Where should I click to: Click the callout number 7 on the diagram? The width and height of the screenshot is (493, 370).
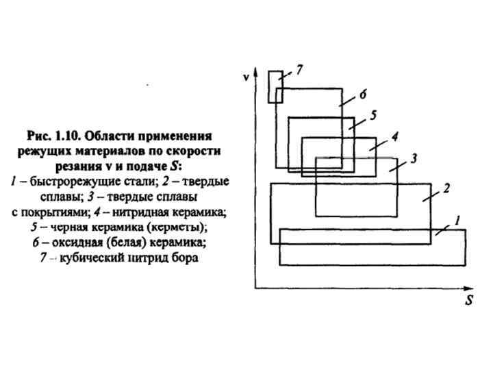click(x=300, y=69)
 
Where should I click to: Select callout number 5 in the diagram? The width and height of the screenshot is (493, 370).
click(x=373, y=116)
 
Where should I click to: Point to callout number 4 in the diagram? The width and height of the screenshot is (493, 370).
click(x=395, y=136)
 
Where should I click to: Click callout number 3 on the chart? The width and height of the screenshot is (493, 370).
click(x=414, y=159)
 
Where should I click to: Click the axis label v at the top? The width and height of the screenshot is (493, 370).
click(x=244, y=77)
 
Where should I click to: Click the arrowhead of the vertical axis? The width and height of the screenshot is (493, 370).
click(x=255, y=71)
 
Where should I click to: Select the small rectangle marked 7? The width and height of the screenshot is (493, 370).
click(x=275, y=86)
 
